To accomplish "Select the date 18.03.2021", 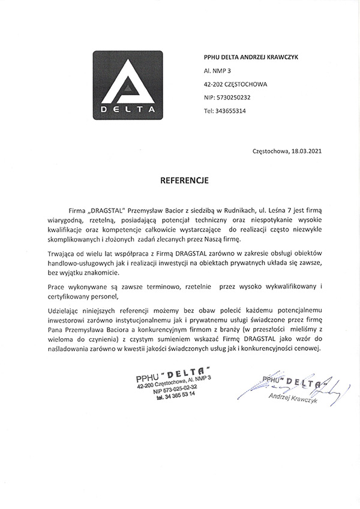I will (306, 151).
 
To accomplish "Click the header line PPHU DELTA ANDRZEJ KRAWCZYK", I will (251, 56).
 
